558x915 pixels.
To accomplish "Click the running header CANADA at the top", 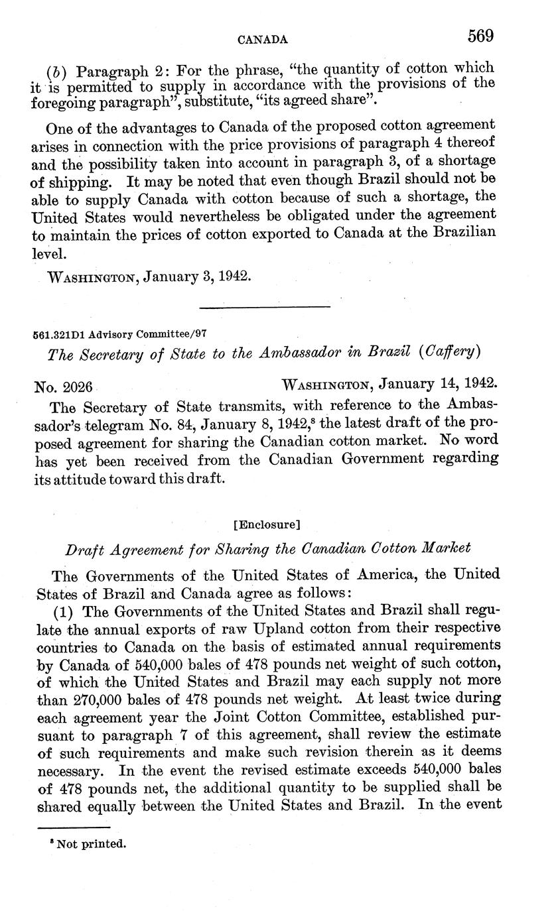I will click(x=263, y=40).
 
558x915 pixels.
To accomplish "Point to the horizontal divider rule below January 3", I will click(x=265, y=307).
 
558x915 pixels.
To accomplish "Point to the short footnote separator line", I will click(x=74, y=827).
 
